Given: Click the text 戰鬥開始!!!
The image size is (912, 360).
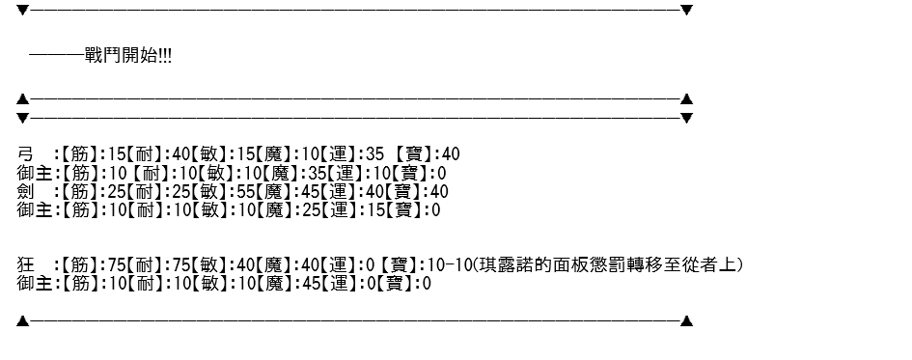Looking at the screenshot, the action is [128, 56].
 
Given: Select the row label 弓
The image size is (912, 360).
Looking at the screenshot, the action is [26, 154].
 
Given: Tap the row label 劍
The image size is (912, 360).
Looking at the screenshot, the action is [26, 191].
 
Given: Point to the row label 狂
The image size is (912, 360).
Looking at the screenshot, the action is [26, 265].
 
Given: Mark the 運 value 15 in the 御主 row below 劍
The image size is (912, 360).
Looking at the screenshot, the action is [374, 210].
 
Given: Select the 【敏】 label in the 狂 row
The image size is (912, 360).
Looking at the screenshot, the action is [208, 265].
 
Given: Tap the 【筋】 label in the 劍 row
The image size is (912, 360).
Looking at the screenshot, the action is [81, 191].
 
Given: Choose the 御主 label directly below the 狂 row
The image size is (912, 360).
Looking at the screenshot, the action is [35, 284].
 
